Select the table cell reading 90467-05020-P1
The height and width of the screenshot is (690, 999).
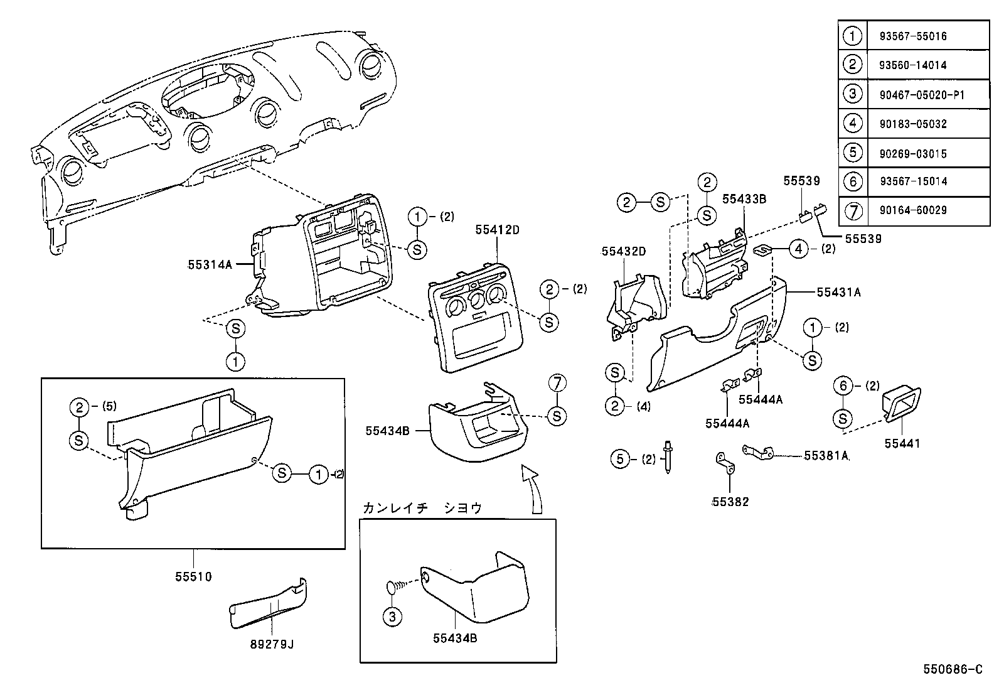click(917, 95)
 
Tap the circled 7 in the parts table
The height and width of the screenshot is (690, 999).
click(852, 210)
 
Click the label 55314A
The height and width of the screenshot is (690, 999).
click(210, 265)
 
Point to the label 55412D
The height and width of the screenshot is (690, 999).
click(497, 230)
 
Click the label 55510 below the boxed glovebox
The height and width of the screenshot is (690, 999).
click(193, 576)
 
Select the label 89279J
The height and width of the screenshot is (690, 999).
click(272, 644)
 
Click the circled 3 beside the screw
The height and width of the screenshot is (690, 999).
click(392, 617)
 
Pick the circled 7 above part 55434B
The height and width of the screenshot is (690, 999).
click(557, 382)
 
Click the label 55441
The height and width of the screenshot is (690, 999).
click(902, 443)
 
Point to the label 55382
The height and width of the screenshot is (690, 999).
click(730, 502)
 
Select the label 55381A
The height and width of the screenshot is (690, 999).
click(826, 456)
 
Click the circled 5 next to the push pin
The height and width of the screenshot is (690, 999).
click(620, 459)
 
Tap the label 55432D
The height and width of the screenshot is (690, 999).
click(623, 251)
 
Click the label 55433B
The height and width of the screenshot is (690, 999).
click(744, 198)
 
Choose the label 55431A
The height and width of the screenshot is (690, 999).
click(838, 292)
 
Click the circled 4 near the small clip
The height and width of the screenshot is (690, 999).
click(798, 249)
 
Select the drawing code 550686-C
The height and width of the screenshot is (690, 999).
click(952, 669)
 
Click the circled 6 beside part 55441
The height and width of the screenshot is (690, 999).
click(843, 385)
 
